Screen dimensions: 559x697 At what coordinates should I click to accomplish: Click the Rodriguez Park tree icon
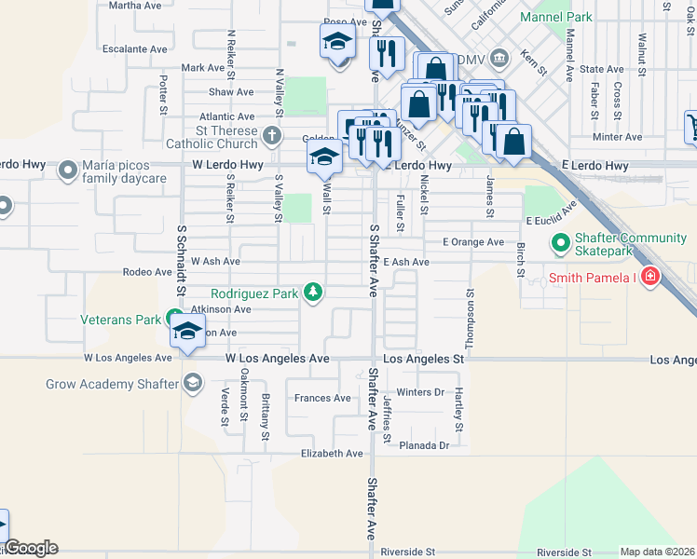tap(314, 293)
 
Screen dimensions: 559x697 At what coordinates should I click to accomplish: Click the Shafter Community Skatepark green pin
tap(561, 245)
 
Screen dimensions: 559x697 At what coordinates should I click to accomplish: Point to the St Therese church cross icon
tap(272, 137)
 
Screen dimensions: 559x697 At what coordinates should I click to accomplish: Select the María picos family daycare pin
tap(68, 170)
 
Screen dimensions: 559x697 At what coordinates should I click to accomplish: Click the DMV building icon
tap(499, 59)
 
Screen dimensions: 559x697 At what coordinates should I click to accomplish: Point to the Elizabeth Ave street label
tap(331, 454)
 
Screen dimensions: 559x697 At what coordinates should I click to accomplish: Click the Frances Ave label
tap(322, 398)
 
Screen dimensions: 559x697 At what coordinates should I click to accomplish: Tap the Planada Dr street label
tap(424, 445)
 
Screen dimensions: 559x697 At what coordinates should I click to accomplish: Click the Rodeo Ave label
tap(147, 272)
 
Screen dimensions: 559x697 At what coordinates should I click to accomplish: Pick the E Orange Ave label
tap(472, 241)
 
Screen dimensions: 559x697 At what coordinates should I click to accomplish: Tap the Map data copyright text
tap(657, 552)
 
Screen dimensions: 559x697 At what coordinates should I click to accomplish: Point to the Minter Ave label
tap(617, 137)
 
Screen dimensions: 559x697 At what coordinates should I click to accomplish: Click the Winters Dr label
tap(420, 392)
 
